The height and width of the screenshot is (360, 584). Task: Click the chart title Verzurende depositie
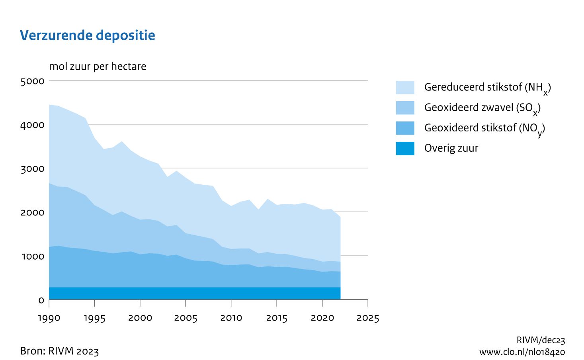pos(88,35)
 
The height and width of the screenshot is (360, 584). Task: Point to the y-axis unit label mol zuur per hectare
pos(98,67)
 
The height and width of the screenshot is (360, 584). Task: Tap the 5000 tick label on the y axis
pos(33,81)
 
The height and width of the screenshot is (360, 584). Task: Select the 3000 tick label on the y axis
pos(33,168)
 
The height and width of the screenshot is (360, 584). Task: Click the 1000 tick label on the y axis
pos(33,256)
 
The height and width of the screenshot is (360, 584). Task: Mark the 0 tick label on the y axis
pos(41,300)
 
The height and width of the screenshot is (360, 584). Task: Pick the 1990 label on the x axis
pos(49,318)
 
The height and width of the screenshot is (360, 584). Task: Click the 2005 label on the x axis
pos(186,318)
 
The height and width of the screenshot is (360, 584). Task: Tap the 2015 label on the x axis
pos(277,318)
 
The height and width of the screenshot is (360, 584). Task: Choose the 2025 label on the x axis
pos(368,318)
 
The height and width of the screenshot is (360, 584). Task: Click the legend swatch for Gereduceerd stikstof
pos(405,87)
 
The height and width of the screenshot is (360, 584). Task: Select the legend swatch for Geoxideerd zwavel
pos(405,108)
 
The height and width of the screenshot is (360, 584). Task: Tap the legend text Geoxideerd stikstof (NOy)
pos(484,128)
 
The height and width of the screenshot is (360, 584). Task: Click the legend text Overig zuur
pos(451,148)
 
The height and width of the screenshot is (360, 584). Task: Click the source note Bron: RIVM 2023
pos(59,351)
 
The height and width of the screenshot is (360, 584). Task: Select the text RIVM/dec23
pos(541,340)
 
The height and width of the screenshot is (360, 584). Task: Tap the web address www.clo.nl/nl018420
pos(522,352)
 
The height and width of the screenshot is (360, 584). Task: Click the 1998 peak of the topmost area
pos(122,142)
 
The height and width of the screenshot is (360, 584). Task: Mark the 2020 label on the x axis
pos(322,318)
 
